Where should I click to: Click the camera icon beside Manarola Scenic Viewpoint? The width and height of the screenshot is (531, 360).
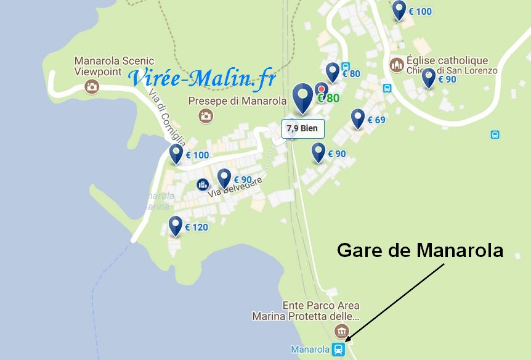coord(92,86)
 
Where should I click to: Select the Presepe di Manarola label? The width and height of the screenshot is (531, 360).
coord(237,100)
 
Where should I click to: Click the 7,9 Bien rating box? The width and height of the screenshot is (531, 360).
coord(302,128)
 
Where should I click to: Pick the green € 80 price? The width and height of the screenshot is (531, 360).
coord(328,98)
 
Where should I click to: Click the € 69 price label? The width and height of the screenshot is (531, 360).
coord(376,120)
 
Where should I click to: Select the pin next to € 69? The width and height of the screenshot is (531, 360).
coord(358,117)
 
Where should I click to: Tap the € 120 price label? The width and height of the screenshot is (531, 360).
coord(197,227)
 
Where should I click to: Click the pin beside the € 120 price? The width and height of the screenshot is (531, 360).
coord(176,225)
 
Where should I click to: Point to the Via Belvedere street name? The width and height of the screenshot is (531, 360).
coord(235,187)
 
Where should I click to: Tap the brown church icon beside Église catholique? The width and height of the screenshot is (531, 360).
coord(396,65)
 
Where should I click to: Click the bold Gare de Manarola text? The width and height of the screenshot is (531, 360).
coord(420,251)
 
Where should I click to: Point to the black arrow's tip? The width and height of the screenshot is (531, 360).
coord(346,341)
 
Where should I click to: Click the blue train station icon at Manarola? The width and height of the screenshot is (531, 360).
coord(338,350)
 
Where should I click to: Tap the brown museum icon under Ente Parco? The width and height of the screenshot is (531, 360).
coord(338,331)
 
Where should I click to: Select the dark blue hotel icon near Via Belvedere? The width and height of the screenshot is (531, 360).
coord(203,184)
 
